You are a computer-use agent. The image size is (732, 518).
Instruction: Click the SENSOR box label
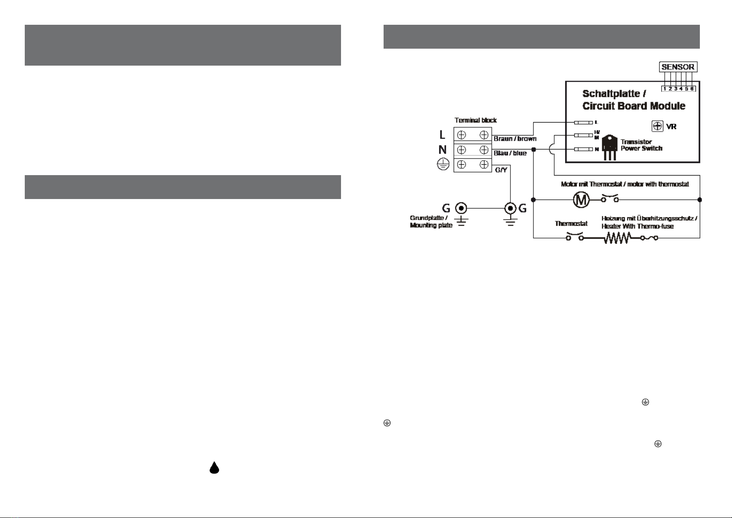point(678,67)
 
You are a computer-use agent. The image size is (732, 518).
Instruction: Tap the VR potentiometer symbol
point(658,126)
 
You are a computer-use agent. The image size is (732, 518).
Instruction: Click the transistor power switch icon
point(609,147)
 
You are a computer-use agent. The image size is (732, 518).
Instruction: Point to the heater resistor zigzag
point(617,238)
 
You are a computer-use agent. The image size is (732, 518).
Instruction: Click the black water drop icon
point(214,468)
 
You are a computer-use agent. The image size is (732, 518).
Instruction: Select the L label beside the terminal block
point(442,135)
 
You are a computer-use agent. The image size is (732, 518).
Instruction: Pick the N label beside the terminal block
point(442,150)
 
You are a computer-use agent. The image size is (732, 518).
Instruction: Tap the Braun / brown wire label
point(515,139)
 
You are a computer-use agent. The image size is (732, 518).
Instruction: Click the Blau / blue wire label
point(510,153)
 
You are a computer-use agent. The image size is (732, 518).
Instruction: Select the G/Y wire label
point(501,170)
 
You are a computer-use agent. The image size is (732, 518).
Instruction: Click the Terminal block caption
point(475,120)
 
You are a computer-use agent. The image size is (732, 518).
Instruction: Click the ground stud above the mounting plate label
point(460,208)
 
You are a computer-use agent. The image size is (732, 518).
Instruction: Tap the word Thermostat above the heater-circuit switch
point(571,223)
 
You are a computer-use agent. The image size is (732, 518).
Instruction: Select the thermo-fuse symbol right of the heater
point(649,238)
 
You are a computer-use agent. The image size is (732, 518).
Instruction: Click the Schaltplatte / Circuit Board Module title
point(633,100)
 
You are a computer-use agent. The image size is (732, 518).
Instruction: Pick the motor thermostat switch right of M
point(610,199)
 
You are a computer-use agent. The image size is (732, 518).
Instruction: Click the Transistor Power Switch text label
point(641,145)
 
